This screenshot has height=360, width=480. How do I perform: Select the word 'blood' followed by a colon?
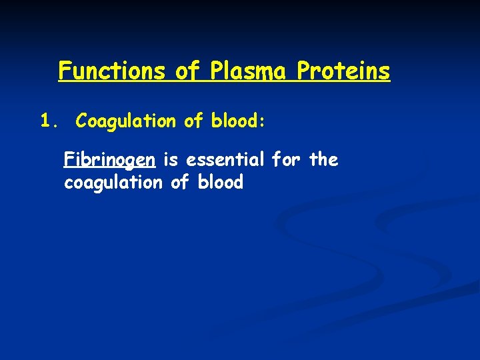[x=238, y=121]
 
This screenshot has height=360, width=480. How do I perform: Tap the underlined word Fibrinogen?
[x=110, y=160]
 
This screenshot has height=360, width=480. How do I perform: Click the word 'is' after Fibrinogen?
[x=171, y=160]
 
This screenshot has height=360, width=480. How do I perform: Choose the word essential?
[x=226, y=160]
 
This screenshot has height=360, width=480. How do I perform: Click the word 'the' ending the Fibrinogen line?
[x=324, y=160]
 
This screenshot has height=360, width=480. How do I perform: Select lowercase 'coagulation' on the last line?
[x=113, y=183]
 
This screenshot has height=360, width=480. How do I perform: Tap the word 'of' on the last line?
[x=181, y=183]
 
